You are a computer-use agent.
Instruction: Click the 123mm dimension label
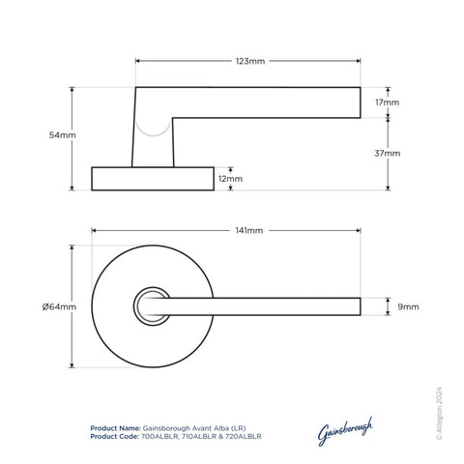[x=249, y=60]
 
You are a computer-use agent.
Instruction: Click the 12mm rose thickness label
[x=230, y=179]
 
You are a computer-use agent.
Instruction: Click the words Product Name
[x=114, y=425]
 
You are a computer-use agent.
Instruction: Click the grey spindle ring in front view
[x=153, y=306]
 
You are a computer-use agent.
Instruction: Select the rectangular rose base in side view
[x=153, y=179]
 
